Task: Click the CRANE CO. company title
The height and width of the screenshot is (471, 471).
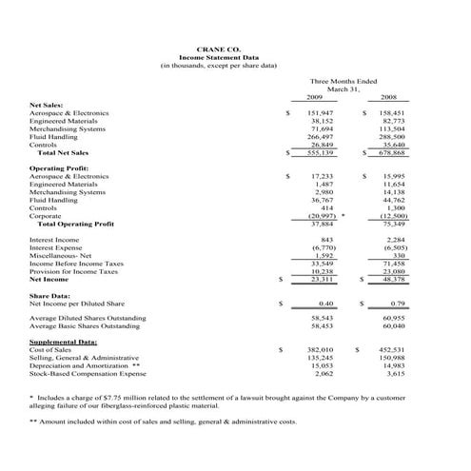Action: [x=219, y=47]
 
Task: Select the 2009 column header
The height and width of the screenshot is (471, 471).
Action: [x=315, y=97]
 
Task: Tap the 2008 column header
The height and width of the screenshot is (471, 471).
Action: [x=389, y=97]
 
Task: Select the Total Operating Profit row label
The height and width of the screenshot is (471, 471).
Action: [x=75, y=224]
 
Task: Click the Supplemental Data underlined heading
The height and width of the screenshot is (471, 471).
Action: [x=63, y=341]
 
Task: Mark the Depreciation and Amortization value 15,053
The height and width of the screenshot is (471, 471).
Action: [x=322, y=365]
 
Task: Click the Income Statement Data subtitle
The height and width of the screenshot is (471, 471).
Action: [x=219, y=56]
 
